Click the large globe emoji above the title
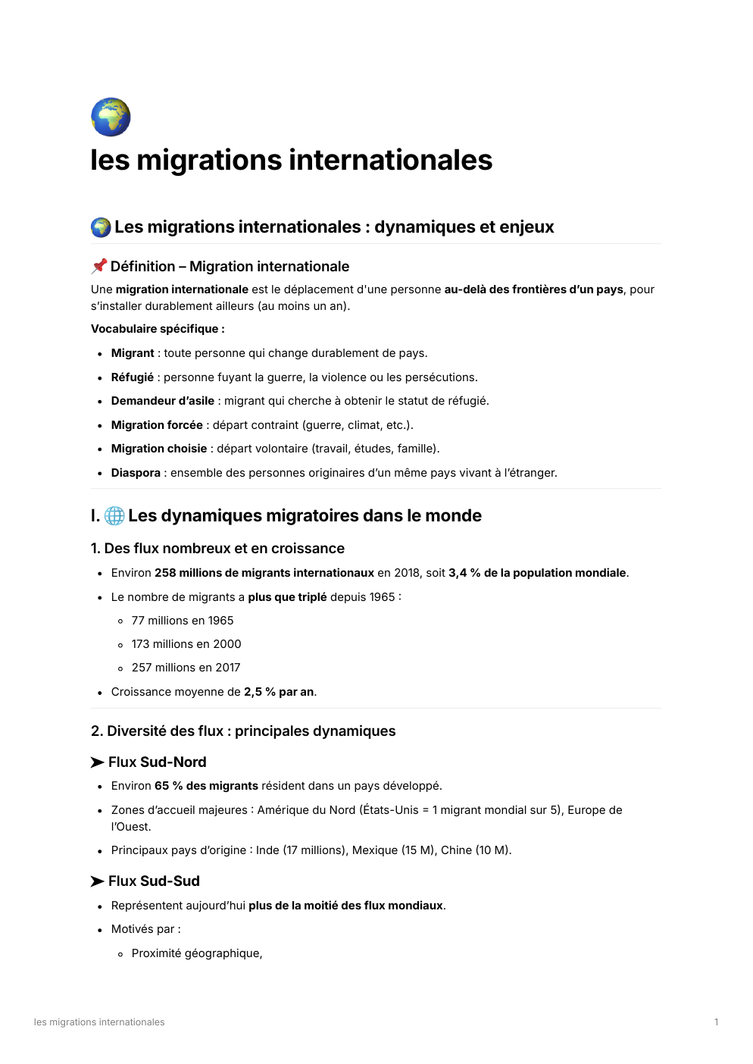pyautogui.click(x=111, y=117)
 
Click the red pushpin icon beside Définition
pyautogui.click(x=99, y=266)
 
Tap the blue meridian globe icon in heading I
pyautogui.click(x=114, y=516)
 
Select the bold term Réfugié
pyautogui.click(x=132, y=377)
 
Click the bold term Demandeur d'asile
pyautogui.click(x=162, y=401)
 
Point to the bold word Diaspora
pyautogui.click(x=136, y=473)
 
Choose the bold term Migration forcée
pyautogui.click(x=157, y=425)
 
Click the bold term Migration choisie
pyautogui.click(x=158, y=449)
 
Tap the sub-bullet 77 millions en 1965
pyautogui.click(x=182, y=621)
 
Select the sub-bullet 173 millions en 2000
pyautogui.click(x=186, y=644)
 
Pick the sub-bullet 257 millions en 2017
pyautogui.click(x=186, y=668)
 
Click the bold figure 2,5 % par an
pyautogui.click(x=279, y=692)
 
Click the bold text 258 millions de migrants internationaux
pyautogui.click(x=264, y=573)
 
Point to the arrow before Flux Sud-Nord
pyautogui.click(x=97, y=762)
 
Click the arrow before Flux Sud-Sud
pyautogui.click(x=97, y=881)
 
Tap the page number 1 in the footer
pyautogui.click(x=716, y=1022)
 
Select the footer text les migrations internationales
pyautogui.click(x=99, y=1022)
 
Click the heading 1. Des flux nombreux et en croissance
pyautogui.click(x=217, y=549)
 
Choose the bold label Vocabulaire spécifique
pyautogui.click(x=157, y=329)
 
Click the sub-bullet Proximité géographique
pyautogui.click(x=196, y=953)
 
